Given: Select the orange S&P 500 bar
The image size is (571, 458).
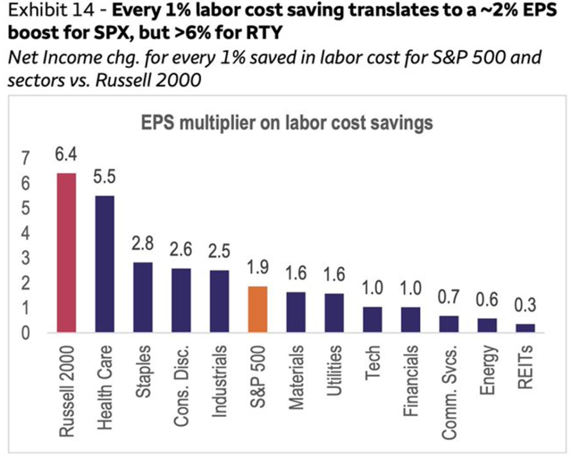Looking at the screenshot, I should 258,309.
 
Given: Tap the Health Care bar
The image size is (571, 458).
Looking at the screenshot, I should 104,264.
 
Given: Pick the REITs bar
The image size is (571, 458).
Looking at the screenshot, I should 525,328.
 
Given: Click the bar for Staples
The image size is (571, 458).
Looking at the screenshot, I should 143,297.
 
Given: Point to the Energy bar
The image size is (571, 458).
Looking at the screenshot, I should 487,325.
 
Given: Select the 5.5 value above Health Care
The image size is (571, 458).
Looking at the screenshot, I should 104,178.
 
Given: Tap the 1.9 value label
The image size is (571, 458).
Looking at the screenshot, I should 258,268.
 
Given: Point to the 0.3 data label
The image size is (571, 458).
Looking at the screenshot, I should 525,305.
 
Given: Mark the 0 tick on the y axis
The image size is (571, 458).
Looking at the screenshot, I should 25,333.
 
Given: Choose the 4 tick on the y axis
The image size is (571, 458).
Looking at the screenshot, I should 25,234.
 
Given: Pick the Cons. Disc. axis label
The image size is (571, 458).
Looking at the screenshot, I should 181,384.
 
